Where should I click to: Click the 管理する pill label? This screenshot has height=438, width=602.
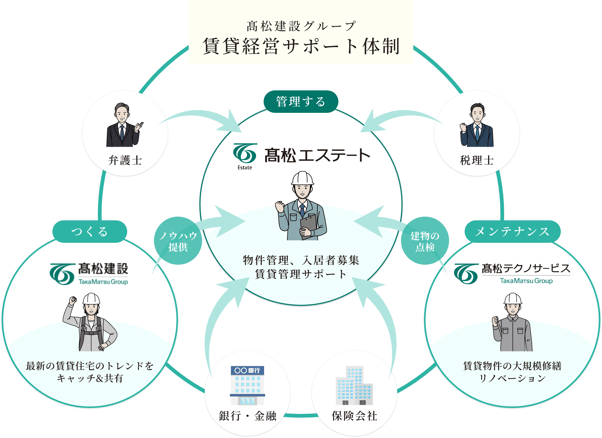click(x=301, y=102)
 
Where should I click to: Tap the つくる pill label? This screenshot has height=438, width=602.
click(x=90, y=231)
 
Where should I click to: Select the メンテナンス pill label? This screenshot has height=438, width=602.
click(x=512, y=231)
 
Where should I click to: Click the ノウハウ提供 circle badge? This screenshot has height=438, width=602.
click(x=178, y=241)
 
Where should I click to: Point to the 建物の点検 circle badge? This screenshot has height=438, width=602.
click(x=425, y=241)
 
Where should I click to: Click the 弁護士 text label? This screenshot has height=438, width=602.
click(x=125, y=160)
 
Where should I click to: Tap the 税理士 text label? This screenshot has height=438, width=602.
click(x=477, y=160)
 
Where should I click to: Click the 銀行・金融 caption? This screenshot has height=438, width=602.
click(x=247, y=416)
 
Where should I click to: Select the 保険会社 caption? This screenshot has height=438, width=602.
click(x=354, y=416)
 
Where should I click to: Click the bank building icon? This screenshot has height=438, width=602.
click(x=247, y=385)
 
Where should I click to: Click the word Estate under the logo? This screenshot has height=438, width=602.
click(x=245, y=168)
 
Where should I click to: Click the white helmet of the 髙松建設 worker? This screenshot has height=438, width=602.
click(x=91, y=299)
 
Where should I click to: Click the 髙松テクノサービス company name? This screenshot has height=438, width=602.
click(x=526, y=268)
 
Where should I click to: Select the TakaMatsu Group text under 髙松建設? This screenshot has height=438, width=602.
click(x=103, y=282)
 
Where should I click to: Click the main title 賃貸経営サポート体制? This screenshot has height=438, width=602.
click(x=301, y=46)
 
